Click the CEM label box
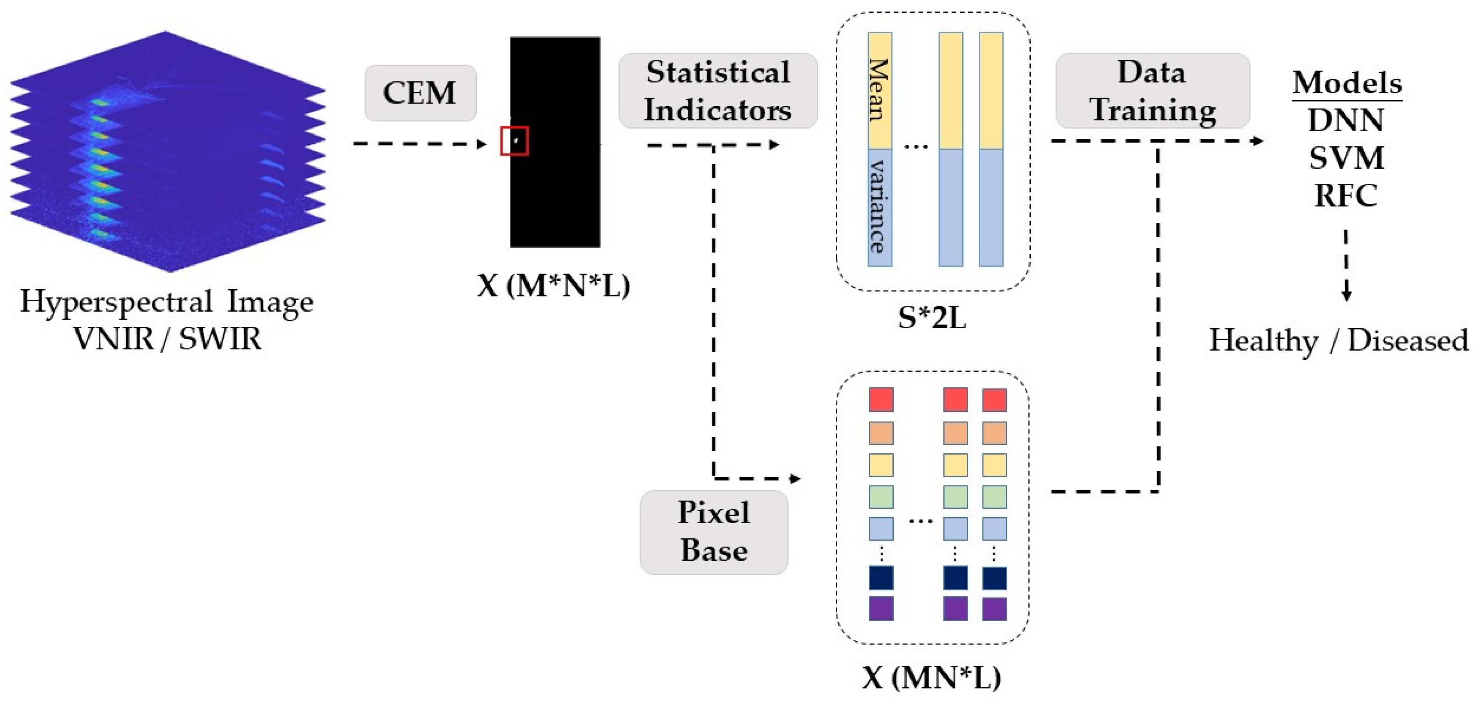[x=420, y=93]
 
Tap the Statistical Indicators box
[x=717, y=91]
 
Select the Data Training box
[x=1152, y=91]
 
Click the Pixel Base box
[x=714, y=531]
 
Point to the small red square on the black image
[x=514, y=141]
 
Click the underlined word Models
[x=1347, y=83]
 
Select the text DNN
[x=1345, y=120]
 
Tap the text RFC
[x=1345, y=196]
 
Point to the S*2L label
[x=932, y=317]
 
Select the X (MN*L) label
[x=931, y=678]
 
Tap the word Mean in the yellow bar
[x=879, y=90]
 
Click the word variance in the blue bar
[x=879, y=206]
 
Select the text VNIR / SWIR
[x=167, y=339]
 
